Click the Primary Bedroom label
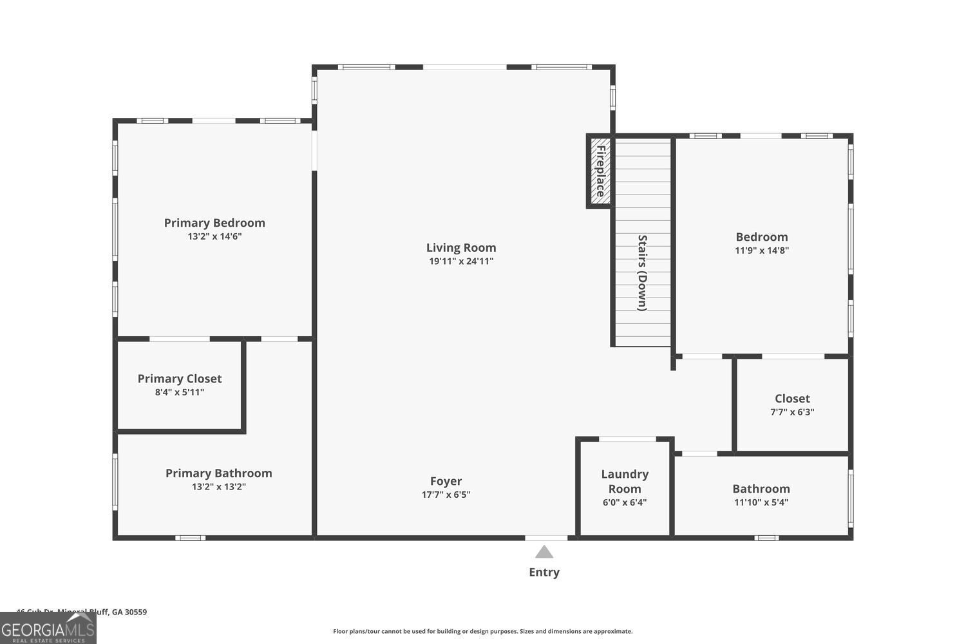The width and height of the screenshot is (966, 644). (x=214, y=223)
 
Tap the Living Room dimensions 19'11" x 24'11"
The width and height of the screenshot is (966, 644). (x=461, y=261)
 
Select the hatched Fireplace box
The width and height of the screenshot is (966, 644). (x=600, y=171)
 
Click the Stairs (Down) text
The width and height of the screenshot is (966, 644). (x=642, y=272)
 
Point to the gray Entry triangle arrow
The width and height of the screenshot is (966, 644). (x=544, y=552)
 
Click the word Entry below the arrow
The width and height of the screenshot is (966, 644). (x=544, y=572)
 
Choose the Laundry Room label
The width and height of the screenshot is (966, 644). (x=625, y=481)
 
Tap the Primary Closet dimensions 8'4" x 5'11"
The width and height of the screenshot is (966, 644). (x=180, y=392)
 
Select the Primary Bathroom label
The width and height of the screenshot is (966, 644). (x=219, y=473)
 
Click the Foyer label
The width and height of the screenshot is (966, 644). (x=446, y=481)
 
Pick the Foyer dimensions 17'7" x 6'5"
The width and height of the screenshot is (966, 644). (x=446, y=495)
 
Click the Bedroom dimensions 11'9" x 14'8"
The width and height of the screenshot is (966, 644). (x=762, y=251)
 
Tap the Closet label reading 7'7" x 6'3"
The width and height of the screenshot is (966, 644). (x=792, y=412)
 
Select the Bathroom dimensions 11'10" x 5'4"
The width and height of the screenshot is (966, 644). (x=761, y=502)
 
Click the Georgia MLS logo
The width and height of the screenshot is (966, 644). (x=48, y=628)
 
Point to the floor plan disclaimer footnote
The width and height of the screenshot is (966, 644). (x=482, y=631)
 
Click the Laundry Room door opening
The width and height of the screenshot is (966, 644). (x=627, y=439)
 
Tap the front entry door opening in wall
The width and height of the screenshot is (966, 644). (x=546, y=538)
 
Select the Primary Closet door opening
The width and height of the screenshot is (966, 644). (x=180, y=339)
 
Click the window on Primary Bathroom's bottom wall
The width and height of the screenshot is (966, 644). (x=190, y=538)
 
